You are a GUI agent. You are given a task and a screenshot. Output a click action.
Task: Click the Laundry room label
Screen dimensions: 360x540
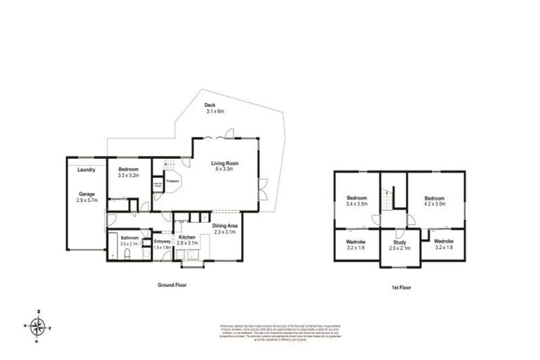(86, 169)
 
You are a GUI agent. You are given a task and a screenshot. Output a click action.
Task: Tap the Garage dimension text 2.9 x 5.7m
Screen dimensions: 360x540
(86, 200)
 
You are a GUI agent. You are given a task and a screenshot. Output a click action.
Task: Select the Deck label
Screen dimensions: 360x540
(210, 106)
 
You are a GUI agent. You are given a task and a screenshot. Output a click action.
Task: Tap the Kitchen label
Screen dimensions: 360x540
(186, 238)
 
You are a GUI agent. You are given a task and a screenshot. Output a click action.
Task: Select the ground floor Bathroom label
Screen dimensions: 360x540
(129, 238)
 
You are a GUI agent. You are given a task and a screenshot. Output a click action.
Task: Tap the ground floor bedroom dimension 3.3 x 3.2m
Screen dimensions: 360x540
(129, 176)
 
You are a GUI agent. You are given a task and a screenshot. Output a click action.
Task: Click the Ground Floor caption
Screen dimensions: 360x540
(172, 285)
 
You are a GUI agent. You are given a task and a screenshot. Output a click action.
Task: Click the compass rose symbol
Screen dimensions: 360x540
(40, 325)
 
